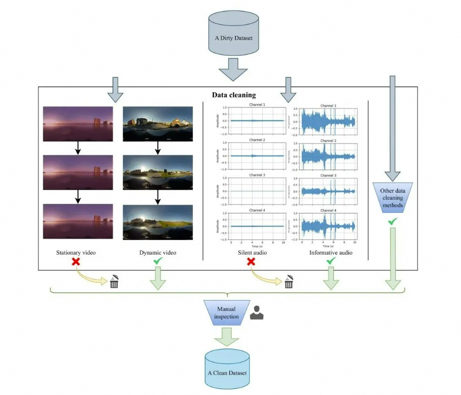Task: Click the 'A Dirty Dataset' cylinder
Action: (233, 33)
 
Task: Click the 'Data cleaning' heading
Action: (234, 95)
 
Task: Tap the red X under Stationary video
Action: (76, 261)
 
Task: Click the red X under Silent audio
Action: (251, 261)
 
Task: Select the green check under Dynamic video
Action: (157, 261)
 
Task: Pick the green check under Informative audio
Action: (330, 261)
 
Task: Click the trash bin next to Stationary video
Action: (114, 282)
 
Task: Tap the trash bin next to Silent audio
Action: (288, 282)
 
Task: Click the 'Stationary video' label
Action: (76, 253)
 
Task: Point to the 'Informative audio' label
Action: (330, 253)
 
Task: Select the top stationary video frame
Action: (78, 123)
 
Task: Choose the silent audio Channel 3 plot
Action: (253, 191)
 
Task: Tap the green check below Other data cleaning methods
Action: (393, 222)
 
